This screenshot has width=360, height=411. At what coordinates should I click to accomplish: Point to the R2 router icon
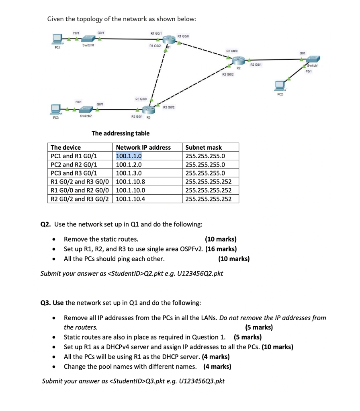pyautogui.click(x=239, y=60)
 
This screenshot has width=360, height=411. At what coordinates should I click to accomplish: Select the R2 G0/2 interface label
pyautogui.click(x=228, y=75)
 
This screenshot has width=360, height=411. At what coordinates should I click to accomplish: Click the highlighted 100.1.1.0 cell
pyautogui.click(x=129, y=156)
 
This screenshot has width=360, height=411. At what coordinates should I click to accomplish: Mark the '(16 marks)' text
pyautogui.click(x=221, y=249)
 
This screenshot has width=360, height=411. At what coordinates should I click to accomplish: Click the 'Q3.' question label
pyautogui.click(x=47, y=302)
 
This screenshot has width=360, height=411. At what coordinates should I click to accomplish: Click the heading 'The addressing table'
pyautogui.click(x=121, y=133)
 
